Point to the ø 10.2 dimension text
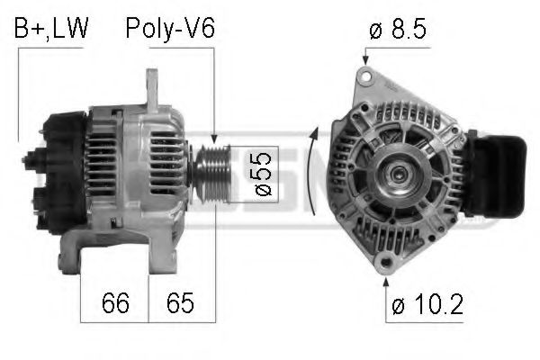[427, 305]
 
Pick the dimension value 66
[114, 303]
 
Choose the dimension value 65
[181, 303]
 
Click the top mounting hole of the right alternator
[365, 78]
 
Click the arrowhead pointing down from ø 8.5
[365, 60]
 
